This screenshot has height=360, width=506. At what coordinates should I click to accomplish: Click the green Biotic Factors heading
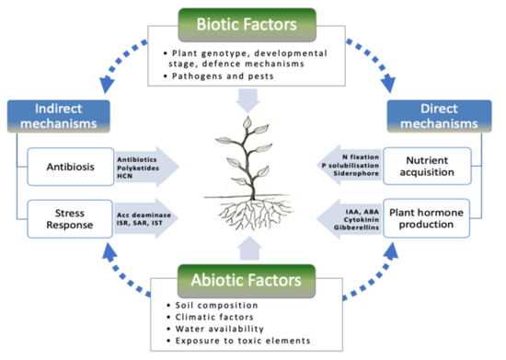251,21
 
